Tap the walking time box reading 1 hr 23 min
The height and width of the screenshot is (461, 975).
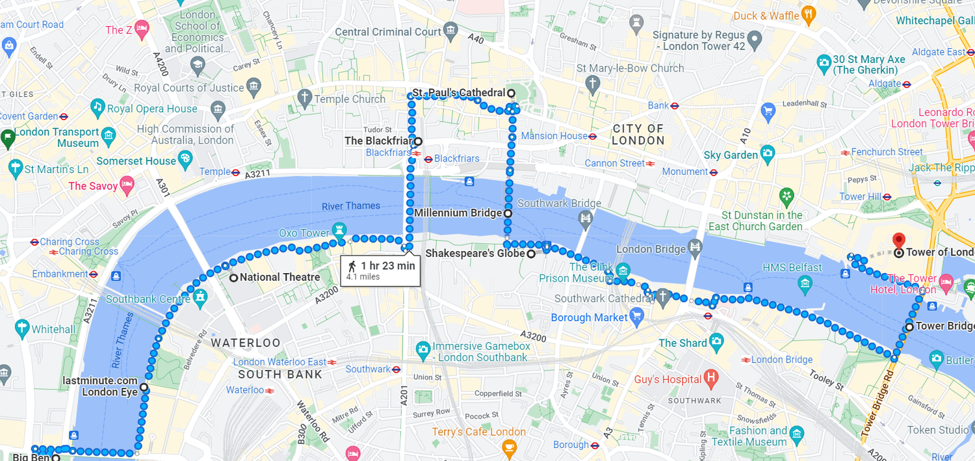click(x=380, y=270)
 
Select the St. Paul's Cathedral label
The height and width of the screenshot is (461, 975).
click(x=458, y=93)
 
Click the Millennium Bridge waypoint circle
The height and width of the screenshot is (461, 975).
click(x=508, y=213)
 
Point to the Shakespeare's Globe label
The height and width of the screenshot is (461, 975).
click(x=474, y=254)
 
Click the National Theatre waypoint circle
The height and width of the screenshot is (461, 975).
click(x=233, y=278)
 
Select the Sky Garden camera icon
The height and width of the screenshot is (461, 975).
click(x=768, y=155)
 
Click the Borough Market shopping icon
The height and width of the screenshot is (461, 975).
click(x=636, y=317)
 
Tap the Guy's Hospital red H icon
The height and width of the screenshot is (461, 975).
click(x=711, y=377)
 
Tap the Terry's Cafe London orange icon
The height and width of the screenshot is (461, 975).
click(x=509, y=447)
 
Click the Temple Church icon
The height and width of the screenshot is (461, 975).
click(x=304, y=98)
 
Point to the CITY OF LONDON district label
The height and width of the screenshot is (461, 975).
click(x=638, y=135)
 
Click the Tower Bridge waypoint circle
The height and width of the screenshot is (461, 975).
click(x=910, y=326)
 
